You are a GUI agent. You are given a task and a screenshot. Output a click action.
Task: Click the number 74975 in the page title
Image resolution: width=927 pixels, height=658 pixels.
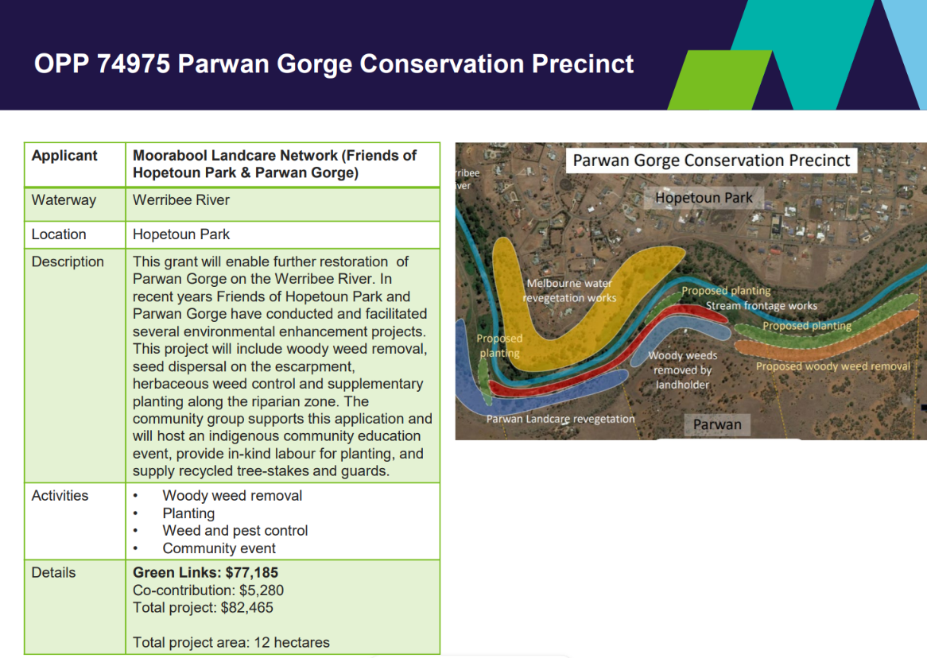tap(134, 64)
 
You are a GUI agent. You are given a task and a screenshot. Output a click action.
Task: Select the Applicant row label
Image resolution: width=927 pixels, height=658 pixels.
tap(64, 156)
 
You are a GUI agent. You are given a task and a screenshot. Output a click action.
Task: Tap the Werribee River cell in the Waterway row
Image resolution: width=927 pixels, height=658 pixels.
tap(181, 199)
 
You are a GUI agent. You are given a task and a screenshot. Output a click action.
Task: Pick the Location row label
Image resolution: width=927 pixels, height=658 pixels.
tap(59, 234)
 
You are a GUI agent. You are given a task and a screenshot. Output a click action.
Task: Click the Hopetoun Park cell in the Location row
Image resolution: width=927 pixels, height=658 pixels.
tap(181, 234)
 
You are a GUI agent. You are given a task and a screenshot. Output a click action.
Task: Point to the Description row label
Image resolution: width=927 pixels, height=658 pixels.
tap(68, 262)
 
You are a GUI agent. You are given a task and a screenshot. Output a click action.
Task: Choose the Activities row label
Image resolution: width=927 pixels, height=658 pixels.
tap(60, 495)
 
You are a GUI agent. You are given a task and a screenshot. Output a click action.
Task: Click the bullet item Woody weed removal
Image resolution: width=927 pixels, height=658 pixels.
tap(232, 495)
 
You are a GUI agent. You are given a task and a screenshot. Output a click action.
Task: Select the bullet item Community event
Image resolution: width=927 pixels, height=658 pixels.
tap(219, 548)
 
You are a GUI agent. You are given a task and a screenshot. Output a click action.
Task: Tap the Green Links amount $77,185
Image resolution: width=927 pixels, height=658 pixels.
tap(252, 572)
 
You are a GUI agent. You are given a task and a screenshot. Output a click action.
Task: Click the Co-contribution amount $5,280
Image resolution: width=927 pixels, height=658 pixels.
tap(262, 590)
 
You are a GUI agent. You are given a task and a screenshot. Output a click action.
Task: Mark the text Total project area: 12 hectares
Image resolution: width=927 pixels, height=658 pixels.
tap(231, 642)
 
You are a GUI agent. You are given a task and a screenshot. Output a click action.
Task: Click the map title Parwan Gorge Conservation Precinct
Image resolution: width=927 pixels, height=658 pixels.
tap(712, 161)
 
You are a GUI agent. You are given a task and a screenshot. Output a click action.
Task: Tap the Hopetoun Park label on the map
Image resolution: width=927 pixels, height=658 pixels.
tap(704, 197)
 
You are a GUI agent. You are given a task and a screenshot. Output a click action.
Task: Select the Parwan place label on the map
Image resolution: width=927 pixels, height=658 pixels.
tap(717, 424)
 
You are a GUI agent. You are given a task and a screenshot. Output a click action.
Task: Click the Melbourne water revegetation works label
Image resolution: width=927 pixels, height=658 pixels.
tap(569, 290)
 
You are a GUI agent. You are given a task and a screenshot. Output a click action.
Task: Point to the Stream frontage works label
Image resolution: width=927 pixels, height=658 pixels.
tap(762, 306)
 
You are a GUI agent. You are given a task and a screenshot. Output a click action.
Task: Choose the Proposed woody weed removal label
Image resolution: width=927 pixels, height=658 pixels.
tap(833, 366)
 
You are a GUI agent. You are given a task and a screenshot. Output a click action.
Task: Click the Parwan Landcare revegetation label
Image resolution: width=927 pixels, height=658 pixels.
tap(560, 419)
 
